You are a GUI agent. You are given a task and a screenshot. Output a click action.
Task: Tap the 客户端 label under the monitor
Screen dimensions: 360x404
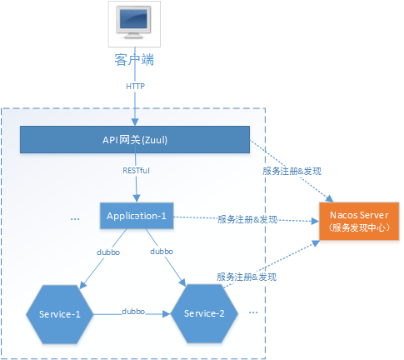[x=134, y=60]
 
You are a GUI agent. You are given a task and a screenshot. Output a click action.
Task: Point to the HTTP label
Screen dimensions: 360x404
[x=135, y=86]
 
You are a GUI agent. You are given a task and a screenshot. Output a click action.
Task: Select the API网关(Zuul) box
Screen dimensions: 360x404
[x=134, y=140]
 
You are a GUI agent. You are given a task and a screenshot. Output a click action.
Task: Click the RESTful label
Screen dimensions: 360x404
[x=135, y=172]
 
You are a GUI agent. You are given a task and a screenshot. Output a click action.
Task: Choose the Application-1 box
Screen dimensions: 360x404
[x=137, y=216]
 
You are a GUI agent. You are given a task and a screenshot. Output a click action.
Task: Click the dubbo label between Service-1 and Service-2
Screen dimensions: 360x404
[x=134, y=310]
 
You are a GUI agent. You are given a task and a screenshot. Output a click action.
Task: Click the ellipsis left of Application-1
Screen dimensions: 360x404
[x=75, y=219]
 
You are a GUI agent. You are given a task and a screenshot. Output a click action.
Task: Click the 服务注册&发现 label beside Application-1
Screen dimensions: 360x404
[x=247, y=220]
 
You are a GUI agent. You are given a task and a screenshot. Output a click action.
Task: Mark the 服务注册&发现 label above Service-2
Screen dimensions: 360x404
[x=247, y=276]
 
